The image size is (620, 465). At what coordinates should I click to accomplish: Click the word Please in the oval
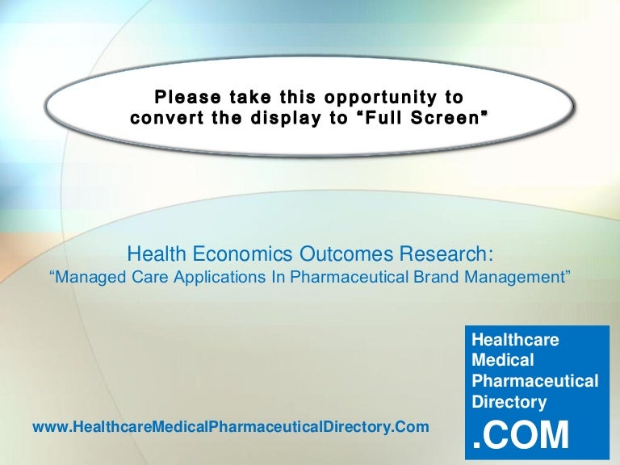(187, 97)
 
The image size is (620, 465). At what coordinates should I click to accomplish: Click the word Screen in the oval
(448, 118)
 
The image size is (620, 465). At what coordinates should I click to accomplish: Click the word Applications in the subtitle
(220, 278)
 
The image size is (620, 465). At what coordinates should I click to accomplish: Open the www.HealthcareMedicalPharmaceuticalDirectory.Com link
(231, 427)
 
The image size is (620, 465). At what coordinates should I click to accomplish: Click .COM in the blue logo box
(521, 435)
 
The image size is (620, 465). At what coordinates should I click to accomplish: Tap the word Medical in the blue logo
(503, 360)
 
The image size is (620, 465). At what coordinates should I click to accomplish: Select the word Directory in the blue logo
(509, 402)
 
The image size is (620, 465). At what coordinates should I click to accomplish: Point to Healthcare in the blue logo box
(515, 339)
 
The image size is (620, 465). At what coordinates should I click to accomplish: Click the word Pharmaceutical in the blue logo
(535, 381)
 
